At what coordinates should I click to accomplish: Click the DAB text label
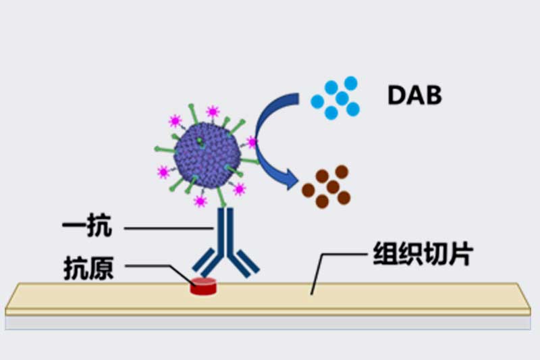(x=414, y=95)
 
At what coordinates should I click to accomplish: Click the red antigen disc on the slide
(x=203, y=286)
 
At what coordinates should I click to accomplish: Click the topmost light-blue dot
(x=350, y=82)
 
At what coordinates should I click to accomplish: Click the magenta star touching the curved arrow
(x=252, y=142)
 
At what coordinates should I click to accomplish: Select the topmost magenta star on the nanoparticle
(x=213, y=111)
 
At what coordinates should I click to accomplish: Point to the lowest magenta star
(x=200, y=201)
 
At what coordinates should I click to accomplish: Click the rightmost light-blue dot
(x=352, y=109)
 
